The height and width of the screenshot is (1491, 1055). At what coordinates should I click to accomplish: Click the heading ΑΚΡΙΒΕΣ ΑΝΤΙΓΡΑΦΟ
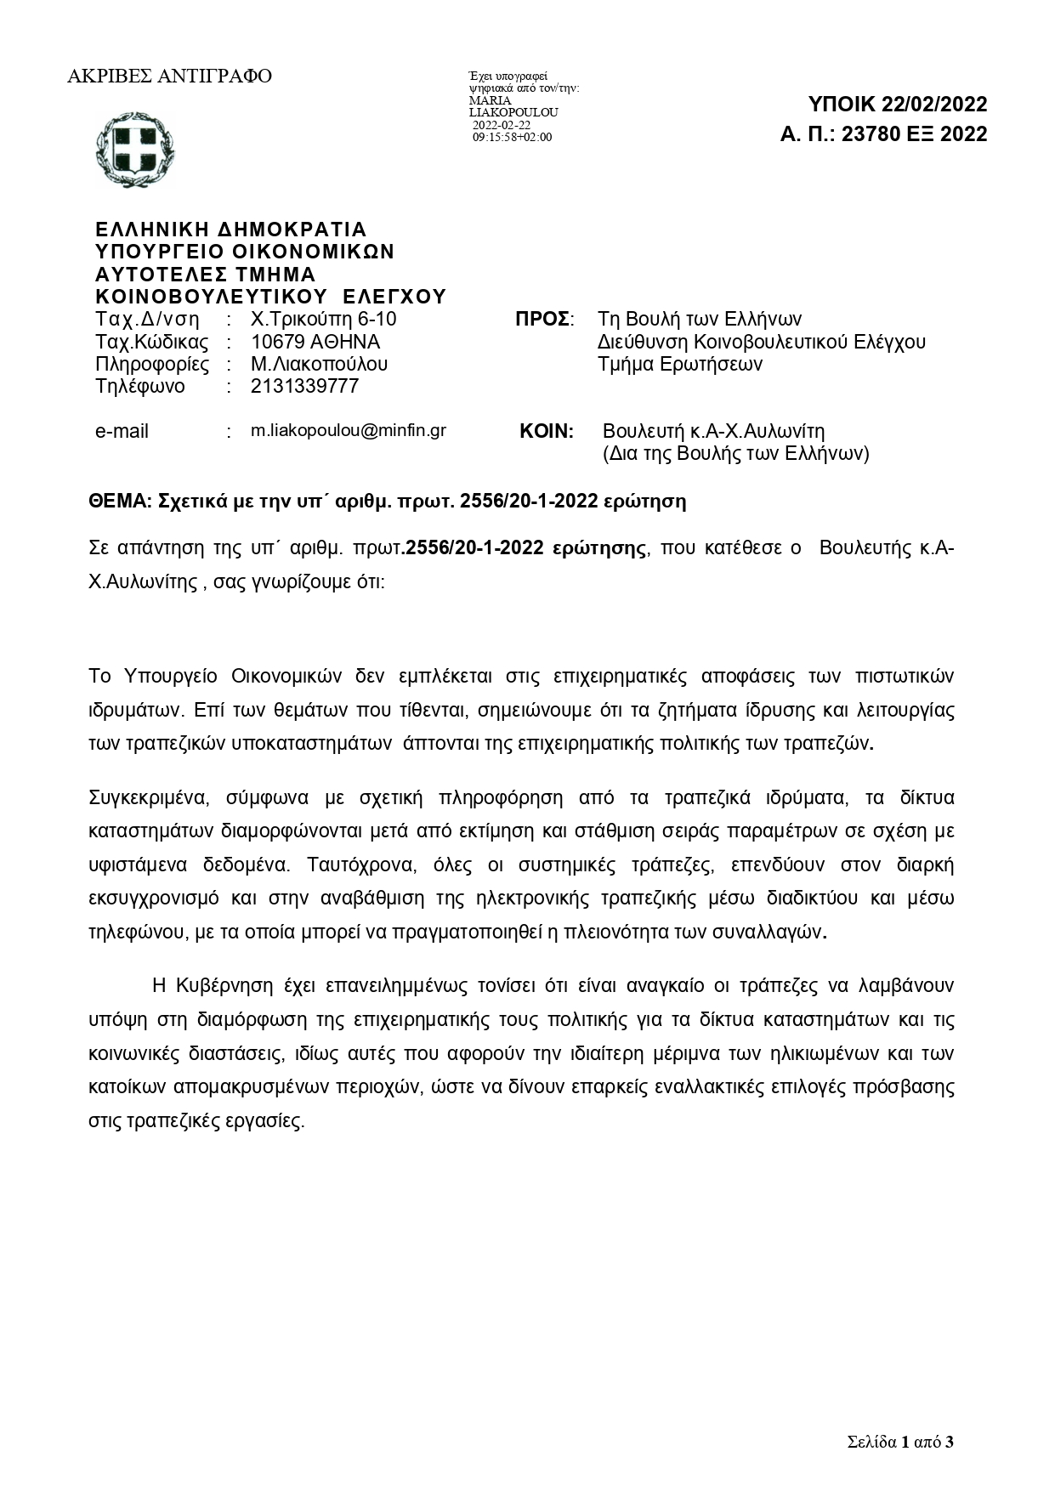click(169, 77)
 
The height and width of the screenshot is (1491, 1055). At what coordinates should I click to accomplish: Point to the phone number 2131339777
click(304, 386)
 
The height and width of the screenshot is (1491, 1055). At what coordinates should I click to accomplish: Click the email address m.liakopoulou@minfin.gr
click(348, 430)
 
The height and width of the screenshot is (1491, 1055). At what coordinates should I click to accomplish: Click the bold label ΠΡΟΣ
click(543, 320)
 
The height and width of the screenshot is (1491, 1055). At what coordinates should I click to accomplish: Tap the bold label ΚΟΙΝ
click(546, 431)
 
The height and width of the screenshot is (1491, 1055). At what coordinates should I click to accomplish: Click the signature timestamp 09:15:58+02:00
click(512, 137)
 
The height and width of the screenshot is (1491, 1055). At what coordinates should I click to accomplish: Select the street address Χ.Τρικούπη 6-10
click(323, 320)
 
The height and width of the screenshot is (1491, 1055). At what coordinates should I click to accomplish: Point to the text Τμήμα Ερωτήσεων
click(680, 364)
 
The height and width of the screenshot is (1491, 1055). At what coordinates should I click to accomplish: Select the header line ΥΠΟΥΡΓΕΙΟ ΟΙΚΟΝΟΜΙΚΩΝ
click(245, 252)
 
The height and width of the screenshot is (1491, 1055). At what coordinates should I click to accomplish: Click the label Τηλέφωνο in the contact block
click(139, 386)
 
